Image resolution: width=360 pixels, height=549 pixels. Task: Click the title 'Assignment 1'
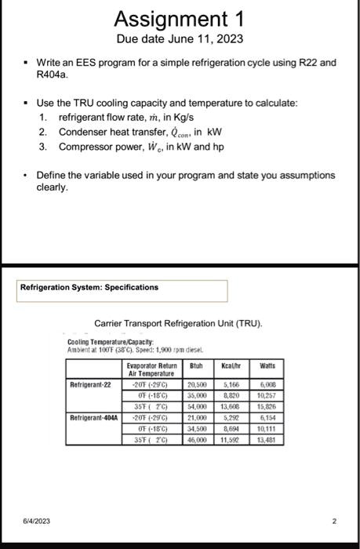point(180,18)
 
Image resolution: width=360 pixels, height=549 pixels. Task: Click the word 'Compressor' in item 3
point(86,145)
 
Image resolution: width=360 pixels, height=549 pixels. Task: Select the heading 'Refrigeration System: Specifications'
point(78,289)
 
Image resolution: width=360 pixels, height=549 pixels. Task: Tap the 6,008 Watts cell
point(268,385)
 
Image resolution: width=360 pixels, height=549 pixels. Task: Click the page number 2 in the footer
point(333,520)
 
